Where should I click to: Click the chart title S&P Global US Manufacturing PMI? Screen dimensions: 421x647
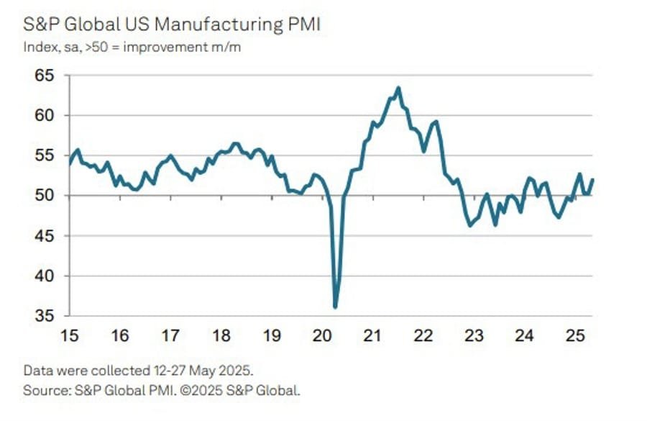coord(172,26)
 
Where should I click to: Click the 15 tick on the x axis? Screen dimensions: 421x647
coord(69,336)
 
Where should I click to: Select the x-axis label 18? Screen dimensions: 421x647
coord(221,336)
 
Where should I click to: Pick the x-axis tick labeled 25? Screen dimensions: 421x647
coord(574,336)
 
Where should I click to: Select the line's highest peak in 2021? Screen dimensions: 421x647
coord(398,88)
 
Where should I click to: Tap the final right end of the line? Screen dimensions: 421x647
coord(592,180)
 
